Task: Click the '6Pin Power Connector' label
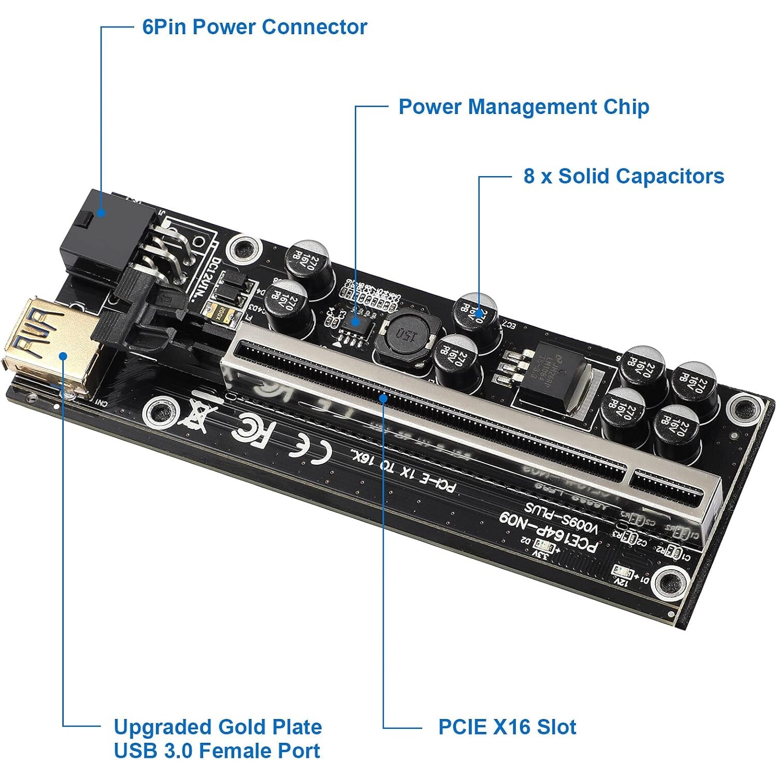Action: tap(254, 27)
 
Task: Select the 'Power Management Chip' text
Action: tap(523, 107)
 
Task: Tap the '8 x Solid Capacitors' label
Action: tap(623, 176)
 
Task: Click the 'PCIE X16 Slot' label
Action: tap(507, 727)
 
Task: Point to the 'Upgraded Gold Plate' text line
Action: tap(218, 727)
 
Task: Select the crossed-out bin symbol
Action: tap(197, 414)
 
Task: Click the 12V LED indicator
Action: tap(621, 572)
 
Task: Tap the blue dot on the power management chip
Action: tap(355, 321)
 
